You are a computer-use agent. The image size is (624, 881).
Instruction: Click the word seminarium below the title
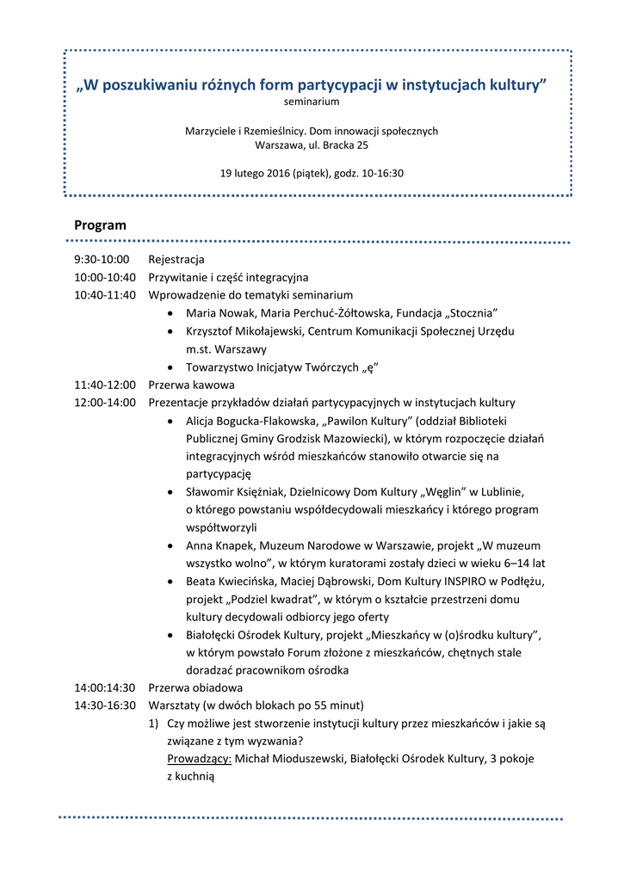click(x=312, y=102)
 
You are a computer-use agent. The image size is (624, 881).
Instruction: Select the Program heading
click(x=100, y=225)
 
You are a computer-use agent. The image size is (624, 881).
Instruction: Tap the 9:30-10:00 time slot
click(x=102, y=259)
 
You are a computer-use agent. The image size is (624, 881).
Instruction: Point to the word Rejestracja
click(x=176, y=259)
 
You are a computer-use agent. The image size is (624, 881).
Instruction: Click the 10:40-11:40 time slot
click(x=105, y=295)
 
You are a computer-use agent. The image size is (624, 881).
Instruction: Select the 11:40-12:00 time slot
click(x=105, y=385)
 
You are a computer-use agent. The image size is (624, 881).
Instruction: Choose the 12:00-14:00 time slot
click(x=105, y=402)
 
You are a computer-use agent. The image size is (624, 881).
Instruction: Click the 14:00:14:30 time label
click(x=105, y=687)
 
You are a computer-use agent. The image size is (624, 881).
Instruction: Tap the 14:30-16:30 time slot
click(x=105, y=705)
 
